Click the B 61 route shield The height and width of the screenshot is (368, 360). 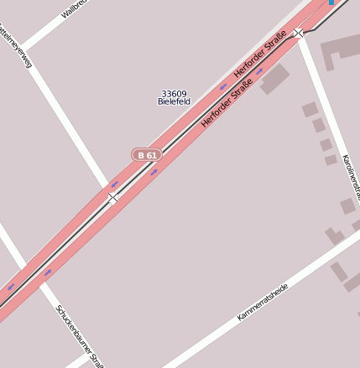(147, 155)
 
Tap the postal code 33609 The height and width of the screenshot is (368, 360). (175, 94)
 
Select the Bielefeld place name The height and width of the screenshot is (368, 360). (175, 102)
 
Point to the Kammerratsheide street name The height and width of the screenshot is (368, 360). (263, 302)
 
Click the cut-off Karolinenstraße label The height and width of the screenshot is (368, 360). (351, 177)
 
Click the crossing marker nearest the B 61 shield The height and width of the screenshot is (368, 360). (112, 198)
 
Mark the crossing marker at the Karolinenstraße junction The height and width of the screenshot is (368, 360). (299, 33)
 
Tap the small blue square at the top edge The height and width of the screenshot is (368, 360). (331, 3)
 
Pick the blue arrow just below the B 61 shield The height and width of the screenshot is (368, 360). (154, 172)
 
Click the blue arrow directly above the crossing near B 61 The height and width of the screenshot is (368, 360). (114, 184)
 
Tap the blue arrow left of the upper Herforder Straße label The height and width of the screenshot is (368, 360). (223, 86)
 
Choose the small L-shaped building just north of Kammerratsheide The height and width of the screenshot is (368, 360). (335, 236)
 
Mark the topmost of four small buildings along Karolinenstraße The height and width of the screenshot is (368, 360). (310, 109)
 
